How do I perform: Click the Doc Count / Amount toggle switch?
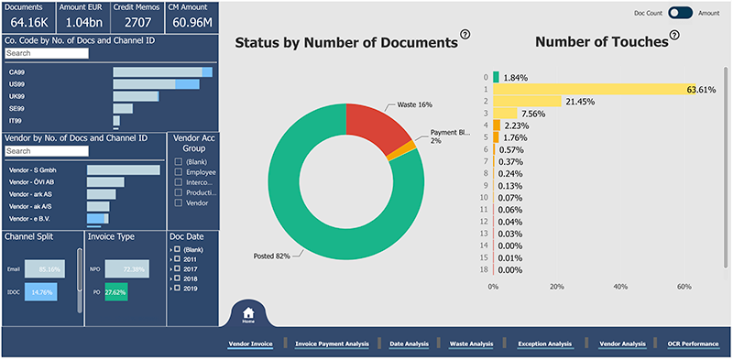click(x=680, y=13)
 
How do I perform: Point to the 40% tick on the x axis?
click(x=620, y=287)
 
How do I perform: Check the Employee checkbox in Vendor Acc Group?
click(x=178, y=171)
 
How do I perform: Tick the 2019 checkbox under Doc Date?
click(x=180, y=288)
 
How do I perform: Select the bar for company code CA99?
click(x=162, y=72)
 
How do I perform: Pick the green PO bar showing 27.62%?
click(x=115, y=292)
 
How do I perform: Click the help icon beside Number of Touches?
click(x=675, y=35)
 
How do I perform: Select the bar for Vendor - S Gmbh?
click(x=123, y=169)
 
